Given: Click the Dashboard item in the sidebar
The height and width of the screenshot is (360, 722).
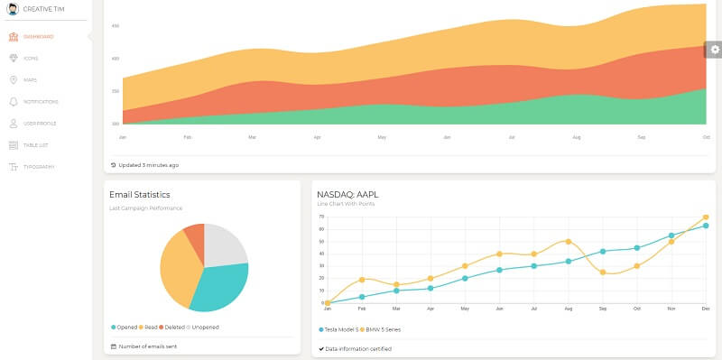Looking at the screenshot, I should click(38, 37).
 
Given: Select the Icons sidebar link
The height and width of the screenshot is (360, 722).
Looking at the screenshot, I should click(31, 59).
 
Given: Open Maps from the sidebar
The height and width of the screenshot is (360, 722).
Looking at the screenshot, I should click(30, 80).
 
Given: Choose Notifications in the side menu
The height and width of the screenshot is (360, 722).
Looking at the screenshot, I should click(40, 102).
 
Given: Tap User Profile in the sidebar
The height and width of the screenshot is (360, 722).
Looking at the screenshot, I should click(39, 124).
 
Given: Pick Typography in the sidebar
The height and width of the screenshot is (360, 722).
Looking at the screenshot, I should click(39, 167).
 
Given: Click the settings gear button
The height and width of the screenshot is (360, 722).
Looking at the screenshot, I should click(714, 51).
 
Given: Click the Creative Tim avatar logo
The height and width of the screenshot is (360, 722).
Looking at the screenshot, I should click(13, 9).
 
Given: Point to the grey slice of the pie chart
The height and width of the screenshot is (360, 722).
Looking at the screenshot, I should click(226, 244).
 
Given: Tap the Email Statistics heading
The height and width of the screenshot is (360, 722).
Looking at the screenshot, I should click(140, 194).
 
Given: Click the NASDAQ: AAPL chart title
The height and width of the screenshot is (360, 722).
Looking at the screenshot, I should click(348, 194).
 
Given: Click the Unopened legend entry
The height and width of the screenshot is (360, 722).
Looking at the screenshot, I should click(203, 327).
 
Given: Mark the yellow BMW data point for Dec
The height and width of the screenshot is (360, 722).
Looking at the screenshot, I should click(705, 217).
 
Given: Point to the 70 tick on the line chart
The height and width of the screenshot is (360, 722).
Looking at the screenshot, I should click(320, 217).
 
